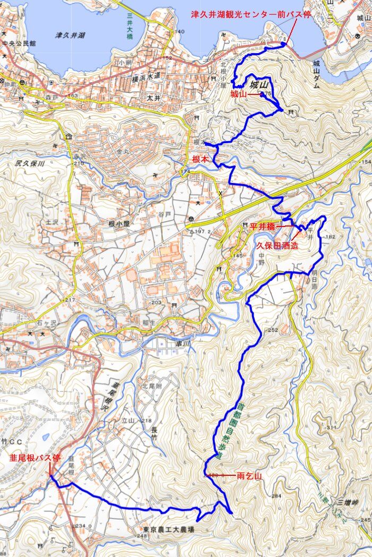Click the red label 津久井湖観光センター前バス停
pos(251,14)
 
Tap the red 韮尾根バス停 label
pos(35,457)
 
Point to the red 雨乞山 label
pos(249,476)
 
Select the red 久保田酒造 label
pos(277,246)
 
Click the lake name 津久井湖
pos(70,36)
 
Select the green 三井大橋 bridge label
pos(129,25)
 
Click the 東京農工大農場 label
pos(168,529)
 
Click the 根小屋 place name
pos(119,224)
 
